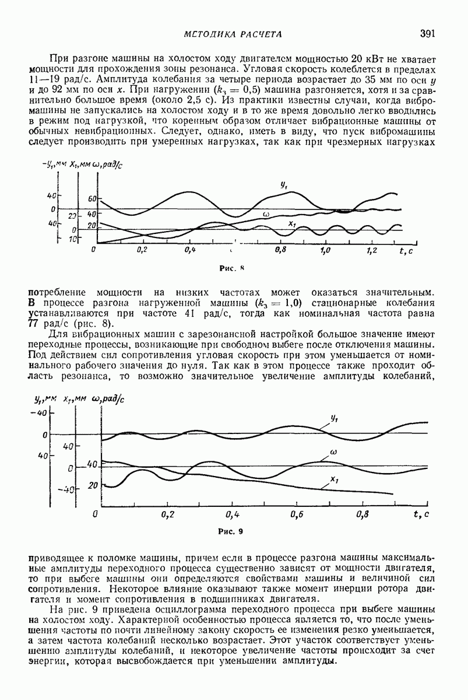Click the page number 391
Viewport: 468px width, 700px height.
pyautogui.click(x=428, y=34)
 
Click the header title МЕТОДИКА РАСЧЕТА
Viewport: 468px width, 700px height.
pyautogui.click(x=233, y=34)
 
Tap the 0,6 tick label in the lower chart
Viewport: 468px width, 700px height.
pyautogui.click(x=298, y=514)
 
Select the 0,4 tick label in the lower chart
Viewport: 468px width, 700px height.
pyautogui.click(x=233, y=514)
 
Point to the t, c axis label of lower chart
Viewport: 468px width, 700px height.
pyautogui.click(x=421, y=514)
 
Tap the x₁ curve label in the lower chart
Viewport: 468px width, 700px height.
pyautogui.click(x=335, y=479)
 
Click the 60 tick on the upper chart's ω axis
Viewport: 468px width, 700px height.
pyautogui.click(x=92, y=199)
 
